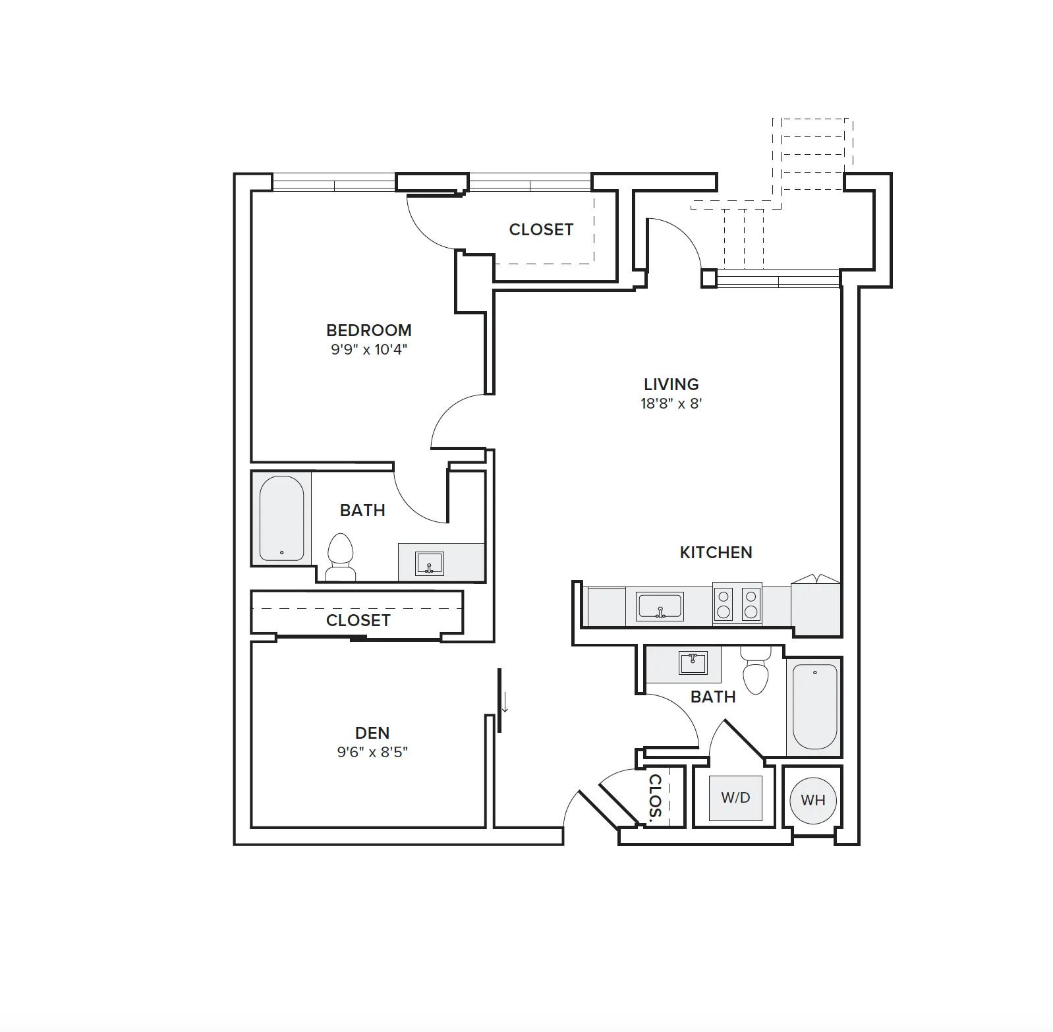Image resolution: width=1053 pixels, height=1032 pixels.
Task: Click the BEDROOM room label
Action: (368, 330)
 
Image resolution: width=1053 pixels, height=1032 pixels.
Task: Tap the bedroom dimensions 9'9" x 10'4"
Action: (369, 349)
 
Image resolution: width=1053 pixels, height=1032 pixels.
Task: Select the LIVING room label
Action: (671, 384)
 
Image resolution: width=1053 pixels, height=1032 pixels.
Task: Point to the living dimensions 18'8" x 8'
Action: (671, 403)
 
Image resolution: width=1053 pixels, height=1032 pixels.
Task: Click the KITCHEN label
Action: (716, 552)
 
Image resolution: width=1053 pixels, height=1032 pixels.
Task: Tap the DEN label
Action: (372, 733)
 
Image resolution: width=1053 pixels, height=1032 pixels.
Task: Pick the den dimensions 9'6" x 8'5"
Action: (372, 752)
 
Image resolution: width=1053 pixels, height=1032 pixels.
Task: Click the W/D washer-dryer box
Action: (735, 798)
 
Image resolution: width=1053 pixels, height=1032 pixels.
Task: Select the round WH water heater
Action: (812, 800)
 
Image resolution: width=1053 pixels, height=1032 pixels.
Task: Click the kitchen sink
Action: (660, 606)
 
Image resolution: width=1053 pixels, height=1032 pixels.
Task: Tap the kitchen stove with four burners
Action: (737, 604)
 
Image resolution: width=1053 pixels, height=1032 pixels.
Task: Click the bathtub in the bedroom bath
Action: (281, 518)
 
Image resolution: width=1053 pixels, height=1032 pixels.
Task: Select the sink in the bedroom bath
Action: (429, 563)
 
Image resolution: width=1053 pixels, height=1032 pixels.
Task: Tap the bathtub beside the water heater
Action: (815, 706)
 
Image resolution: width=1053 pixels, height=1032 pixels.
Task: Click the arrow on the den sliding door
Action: (505, 702)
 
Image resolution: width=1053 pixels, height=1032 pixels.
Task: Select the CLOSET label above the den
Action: (358, 620)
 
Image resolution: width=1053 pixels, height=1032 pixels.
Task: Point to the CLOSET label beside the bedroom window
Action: (541, 229)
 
